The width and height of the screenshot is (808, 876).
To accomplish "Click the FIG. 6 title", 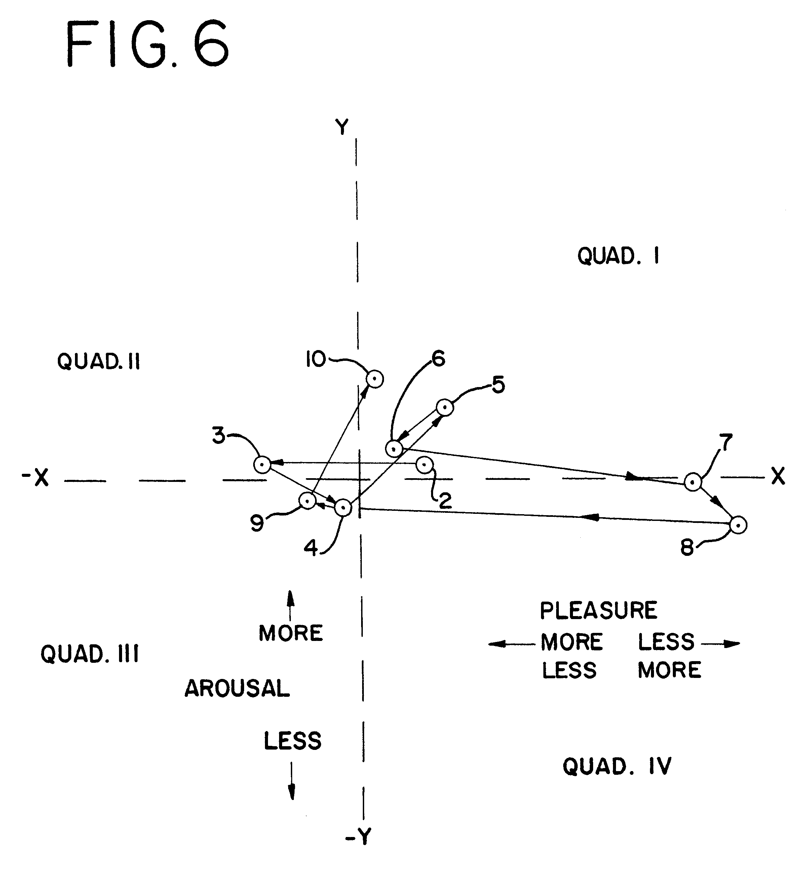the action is pos(148,44).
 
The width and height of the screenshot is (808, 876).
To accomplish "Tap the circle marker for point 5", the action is pos(445,408).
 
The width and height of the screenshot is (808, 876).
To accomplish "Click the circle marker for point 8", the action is pos(738,525).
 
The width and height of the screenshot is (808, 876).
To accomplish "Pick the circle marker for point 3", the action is pos(262,464).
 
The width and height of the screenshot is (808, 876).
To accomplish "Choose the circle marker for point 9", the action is pos(307,500).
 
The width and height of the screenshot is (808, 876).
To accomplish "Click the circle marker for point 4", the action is pos(343,508).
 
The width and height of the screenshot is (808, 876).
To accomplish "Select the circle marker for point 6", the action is pos(394,448).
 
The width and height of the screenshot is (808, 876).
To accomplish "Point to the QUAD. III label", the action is pos(90,654).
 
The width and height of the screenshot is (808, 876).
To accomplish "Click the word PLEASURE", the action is pos(599,611).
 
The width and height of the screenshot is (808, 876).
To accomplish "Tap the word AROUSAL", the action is pos(237,688).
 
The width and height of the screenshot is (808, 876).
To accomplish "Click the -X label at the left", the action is pos(35,478).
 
